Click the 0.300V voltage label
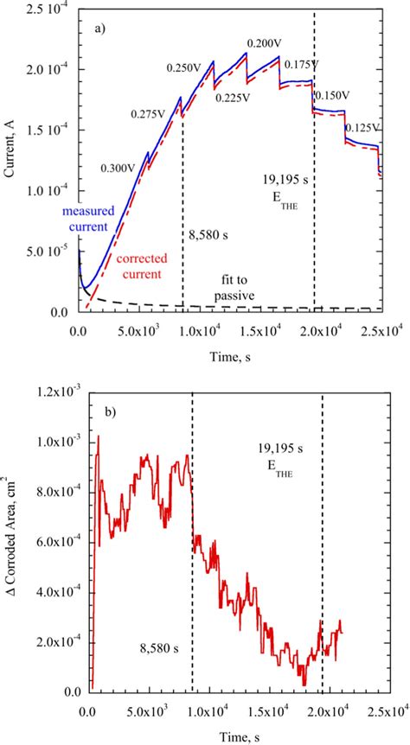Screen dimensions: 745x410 tap(119, 169)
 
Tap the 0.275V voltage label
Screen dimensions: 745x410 tap(148, 114)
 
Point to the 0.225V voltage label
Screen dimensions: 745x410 tap(234, 98)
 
